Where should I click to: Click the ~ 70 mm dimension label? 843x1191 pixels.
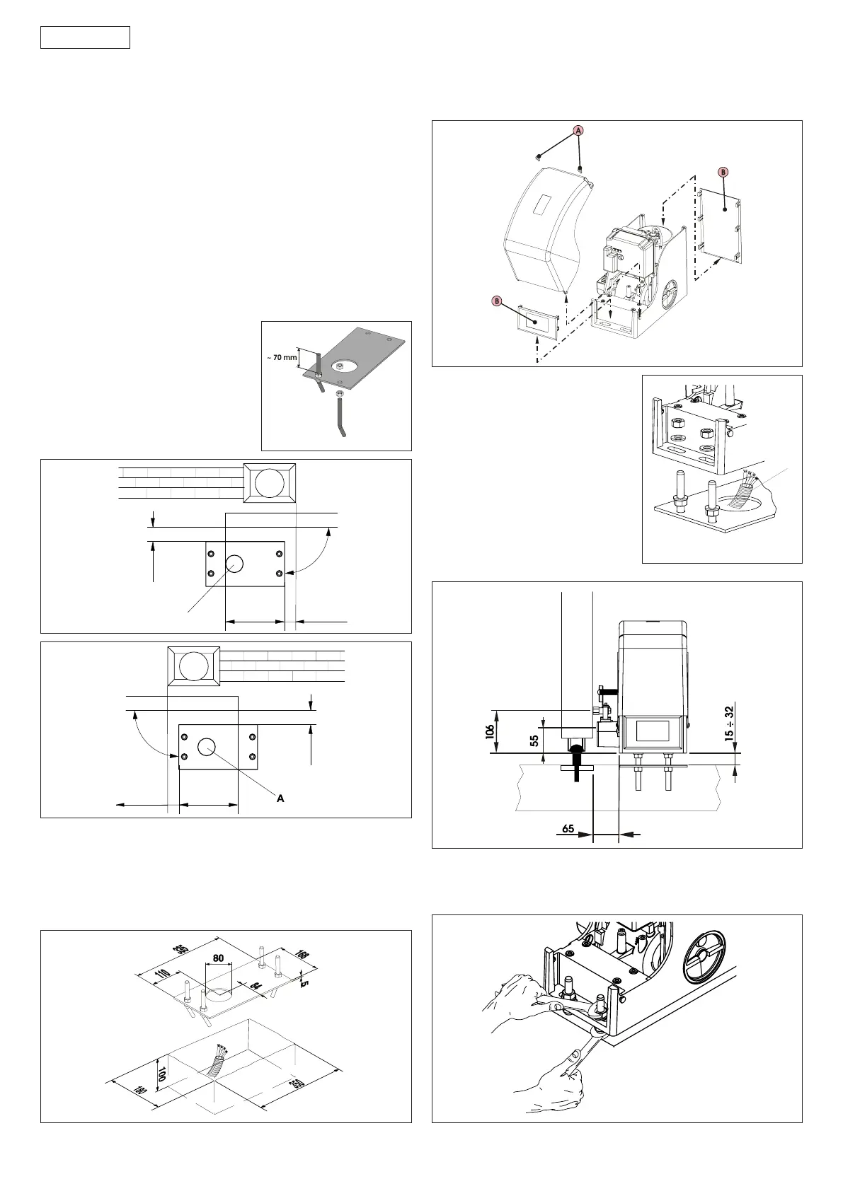(282, 358)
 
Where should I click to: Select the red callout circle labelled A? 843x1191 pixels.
(578, 131)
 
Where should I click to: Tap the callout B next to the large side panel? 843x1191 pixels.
(723, 172)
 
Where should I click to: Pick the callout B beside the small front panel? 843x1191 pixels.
(497, 301)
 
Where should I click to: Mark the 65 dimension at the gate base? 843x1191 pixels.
(568, 828)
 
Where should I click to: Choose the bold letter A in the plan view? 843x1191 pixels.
(280, 798)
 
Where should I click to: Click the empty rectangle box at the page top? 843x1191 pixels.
(85, 37)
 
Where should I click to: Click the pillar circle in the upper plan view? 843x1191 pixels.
(270, 484)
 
